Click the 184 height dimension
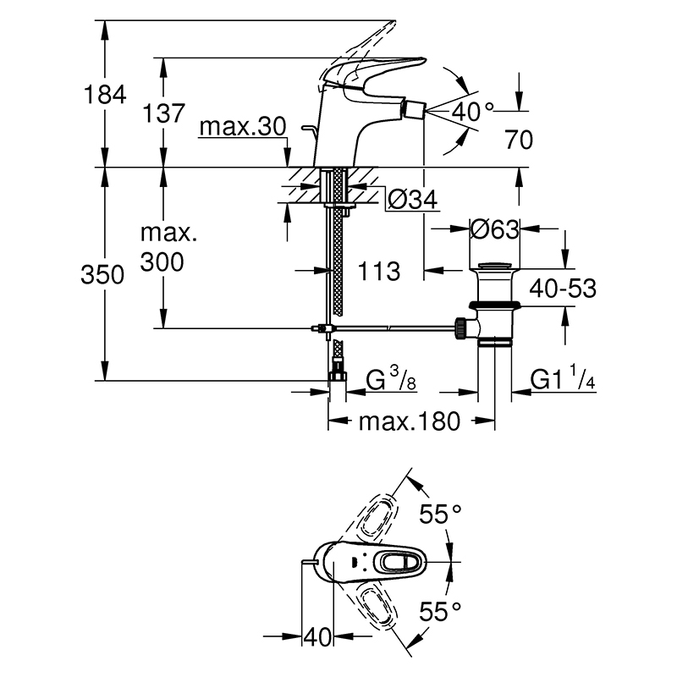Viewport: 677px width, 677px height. click(105, 95)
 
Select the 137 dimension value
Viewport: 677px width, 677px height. click(163, 113)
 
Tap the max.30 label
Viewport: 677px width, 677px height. click(243, 127)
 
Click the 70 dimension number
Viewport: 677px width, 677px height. click(519, 140)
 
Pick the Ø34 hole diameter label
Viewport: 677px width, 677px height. click(412, 199)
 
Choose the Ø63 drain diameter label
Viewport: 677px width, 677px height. click(494, 229)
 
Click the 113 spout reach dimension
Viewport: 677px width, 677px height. click(379, 272)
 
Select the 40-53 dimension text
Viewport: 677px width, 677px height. click(563, 288)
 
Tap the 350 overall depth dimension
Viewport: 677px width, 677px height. click(102, 274)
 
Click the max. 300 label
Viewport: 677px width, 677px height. click(168, 247)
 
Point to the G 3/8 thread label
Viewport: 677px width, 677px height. click(391, 378)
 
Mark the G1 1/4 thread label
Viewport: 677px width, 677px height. click(563, 377)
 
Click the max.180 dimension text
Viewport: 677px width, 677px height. click(410, 421)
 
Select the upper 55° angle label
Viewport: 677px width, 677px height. click(440, 514)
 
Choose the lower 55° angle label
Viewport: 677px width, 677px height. click(440, 612)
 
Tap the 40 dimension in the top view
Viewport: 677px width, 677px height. click(317, 637)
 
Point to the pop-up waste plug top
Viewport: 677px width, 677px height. click(495, 264)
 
